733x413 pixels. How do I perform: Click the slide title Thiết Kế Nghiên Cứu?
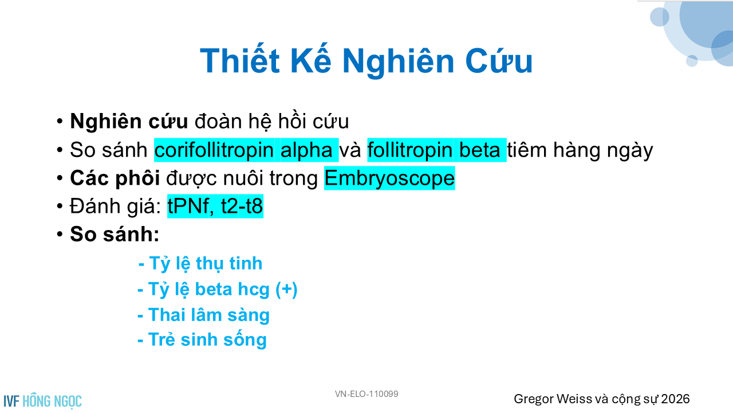click(x=366, y=60)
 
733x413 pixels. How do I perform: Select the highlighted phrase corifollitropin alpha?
click(x=246, y=150)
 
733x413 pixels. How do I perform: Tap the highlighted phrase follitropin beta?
click(x=437, y=150)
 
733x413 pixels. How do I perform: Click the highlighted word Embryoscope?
click(x=389, y=178)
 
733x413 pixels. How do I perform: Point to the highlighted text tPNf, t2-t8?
click(x=215, y=206)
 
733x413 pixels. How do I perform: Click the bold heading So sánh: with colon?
click(x=115, y=235)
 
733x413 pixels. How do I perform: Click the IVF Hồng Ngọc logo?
click(x=42, y=401)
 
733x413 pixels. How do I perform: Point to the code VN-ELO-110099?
click(x=366, y=394)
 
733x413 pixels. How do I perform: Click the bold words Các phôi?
click(x=115, y=178)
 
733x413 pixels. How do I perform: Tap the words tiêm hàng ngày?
click(x=580, y=150)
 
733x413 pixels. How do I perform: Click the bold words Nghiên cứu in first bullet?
click(x=129, y=121)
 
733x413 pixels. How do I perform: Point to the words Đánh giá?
click(x=115, y=206)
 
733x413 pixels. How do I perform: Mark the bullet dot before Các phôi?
click(x=60, y=178)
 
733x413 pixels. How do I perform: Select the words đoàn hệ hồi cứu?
click(x=271, y=121)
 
